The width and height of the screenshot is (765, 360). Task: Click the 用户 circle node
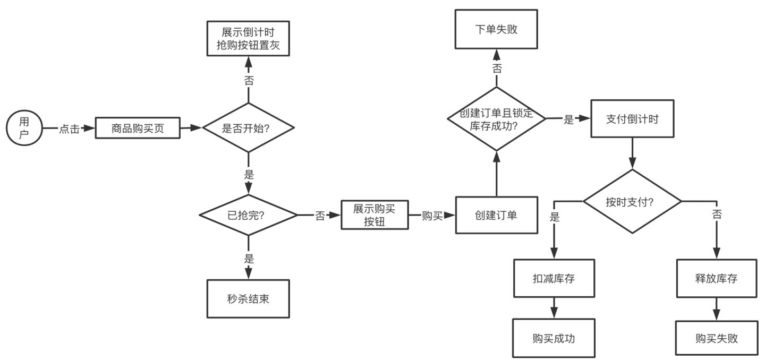[x=24, y=128]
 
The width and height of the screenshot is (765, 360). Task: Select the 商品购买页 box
[x=138, y=128]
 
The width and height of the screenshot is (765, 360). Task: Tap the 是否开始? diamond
[x=248, y=128]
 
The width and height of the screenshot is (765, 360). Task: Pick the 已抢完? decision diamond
[x=248, y=215]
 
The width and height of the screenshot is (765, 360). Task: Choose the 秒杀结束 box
[x=248, y=298]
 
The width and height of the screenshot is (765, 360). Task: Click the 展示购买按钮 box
[x=375, y=215]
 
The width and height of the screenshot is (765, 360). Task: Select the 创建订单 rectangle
[x=496, y=215]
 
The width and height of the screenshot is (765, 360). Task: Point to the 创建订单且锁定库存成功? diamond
[x=496, y=119]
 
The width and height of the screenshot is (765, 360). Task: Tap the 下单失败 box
[x=496, y=29]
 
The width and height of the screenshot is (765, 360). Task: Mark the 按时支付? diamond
[x=632, y=201]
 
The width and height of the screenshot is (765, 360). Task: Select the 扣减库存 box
[x=554, y=278]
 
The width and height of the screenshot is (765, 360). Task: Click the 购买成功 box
[x=554, y=338]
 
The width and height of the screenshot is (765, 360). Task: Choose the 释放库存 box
[x=716, y=278]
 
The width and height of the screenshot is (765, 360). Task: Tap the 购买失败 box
[x=716, y=338]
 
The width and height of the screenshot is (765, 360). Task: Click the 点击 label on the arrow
[x=69, y=128]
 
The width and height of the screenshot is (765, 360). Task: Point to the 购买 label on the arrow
[x=432, y=216]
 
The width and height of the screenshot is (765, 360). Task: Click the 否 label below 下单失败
[x=497, y=68]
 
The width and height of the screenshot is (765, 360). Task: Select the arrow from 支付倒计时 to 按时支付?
[x=632, y=154]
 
